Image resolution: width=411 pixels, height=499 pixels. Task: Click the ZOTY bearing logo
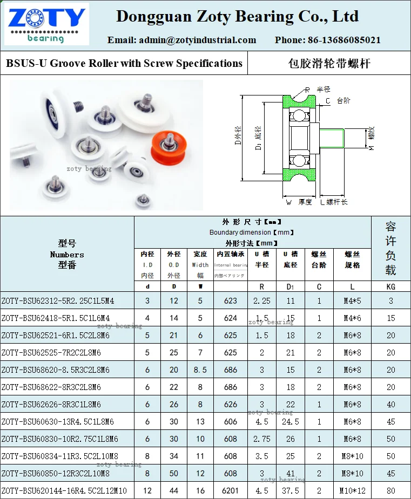click(45, 24)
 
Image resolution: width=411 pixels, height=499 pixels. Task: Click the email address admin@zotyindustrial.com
click(182, 40)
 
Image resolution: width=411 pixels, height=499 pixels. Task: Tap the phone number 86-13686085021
click(327, 40)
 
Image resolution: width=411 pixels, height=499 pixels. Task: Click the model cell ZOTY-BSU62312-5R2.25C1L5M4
click(58, 300)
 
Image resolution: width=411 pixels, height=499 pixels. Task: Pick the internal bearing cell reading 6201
click(231, 490)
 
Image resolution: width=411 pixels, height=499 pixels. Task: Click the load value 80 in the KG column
click(390, 490)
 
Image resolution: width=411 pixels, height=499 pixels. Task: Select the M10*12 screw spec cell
click(352, 490)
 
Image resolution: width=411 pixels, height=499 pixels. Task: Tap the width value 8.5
click(200, 370)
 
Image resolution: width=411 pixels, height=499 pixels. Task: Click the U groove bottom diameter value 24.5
click(290, 421)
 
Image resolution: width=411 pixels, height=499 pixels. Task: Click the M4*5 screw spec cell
click(352, 300)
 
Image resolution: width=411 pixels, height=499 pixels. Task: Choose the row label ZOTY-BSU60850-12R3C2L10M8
click(56, 473)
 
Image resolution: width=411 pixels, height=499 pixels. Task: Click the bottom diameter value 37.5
click(290, 490)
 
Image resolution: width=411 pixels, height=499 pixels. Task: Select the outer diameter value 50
click(174, 473)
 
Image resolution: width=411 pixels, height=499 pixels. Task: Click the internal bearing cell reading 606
click(231, 421)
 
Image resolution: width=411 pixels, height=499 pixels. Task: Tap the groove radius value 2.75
click(261, 439)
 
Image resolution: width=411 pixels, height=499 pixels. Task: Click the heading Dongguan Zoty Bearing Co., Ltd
click(237, 16)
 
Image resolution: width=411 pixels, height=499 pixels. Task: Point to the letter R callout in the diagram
click(307, 90)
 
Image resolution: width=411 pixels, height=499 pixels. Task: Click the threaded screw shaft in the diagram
click(333, 138)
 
